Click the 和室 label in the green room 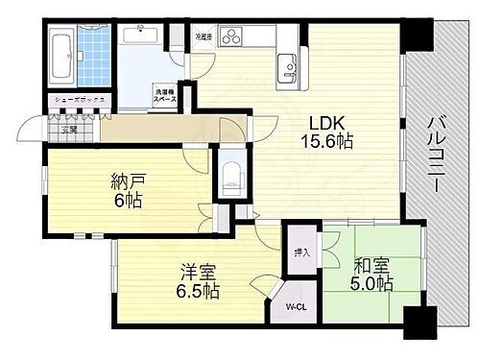370,267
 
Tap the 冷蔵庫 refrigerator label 204,36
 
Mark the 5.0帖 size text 370,284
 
